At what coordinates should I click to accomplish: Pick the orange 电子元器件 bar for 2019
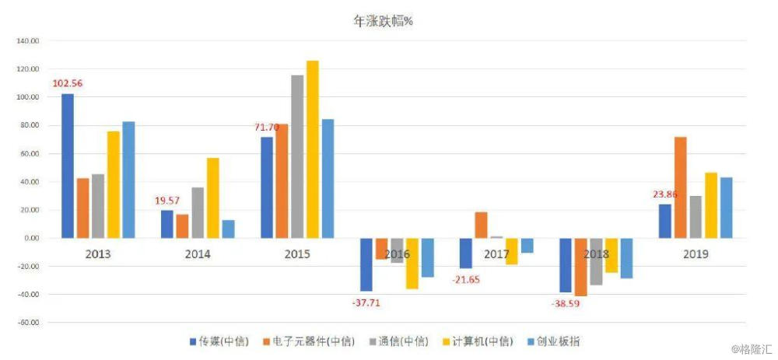(x=680, y=187)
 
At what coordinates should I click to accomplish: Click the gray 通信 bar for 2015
(x=297, y=156)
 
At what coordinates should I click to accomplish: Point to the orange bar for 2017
(x=481, y=225)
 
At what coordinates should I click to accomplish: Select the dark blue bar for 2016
(x=366, y=264)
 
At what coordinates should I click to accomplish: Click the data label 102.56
(x=68, y=84)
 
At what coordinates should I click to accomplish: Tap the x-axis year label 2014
(x=198, y=254)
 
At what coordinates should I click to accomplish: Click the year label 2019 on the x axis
(x=696, y=254)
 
